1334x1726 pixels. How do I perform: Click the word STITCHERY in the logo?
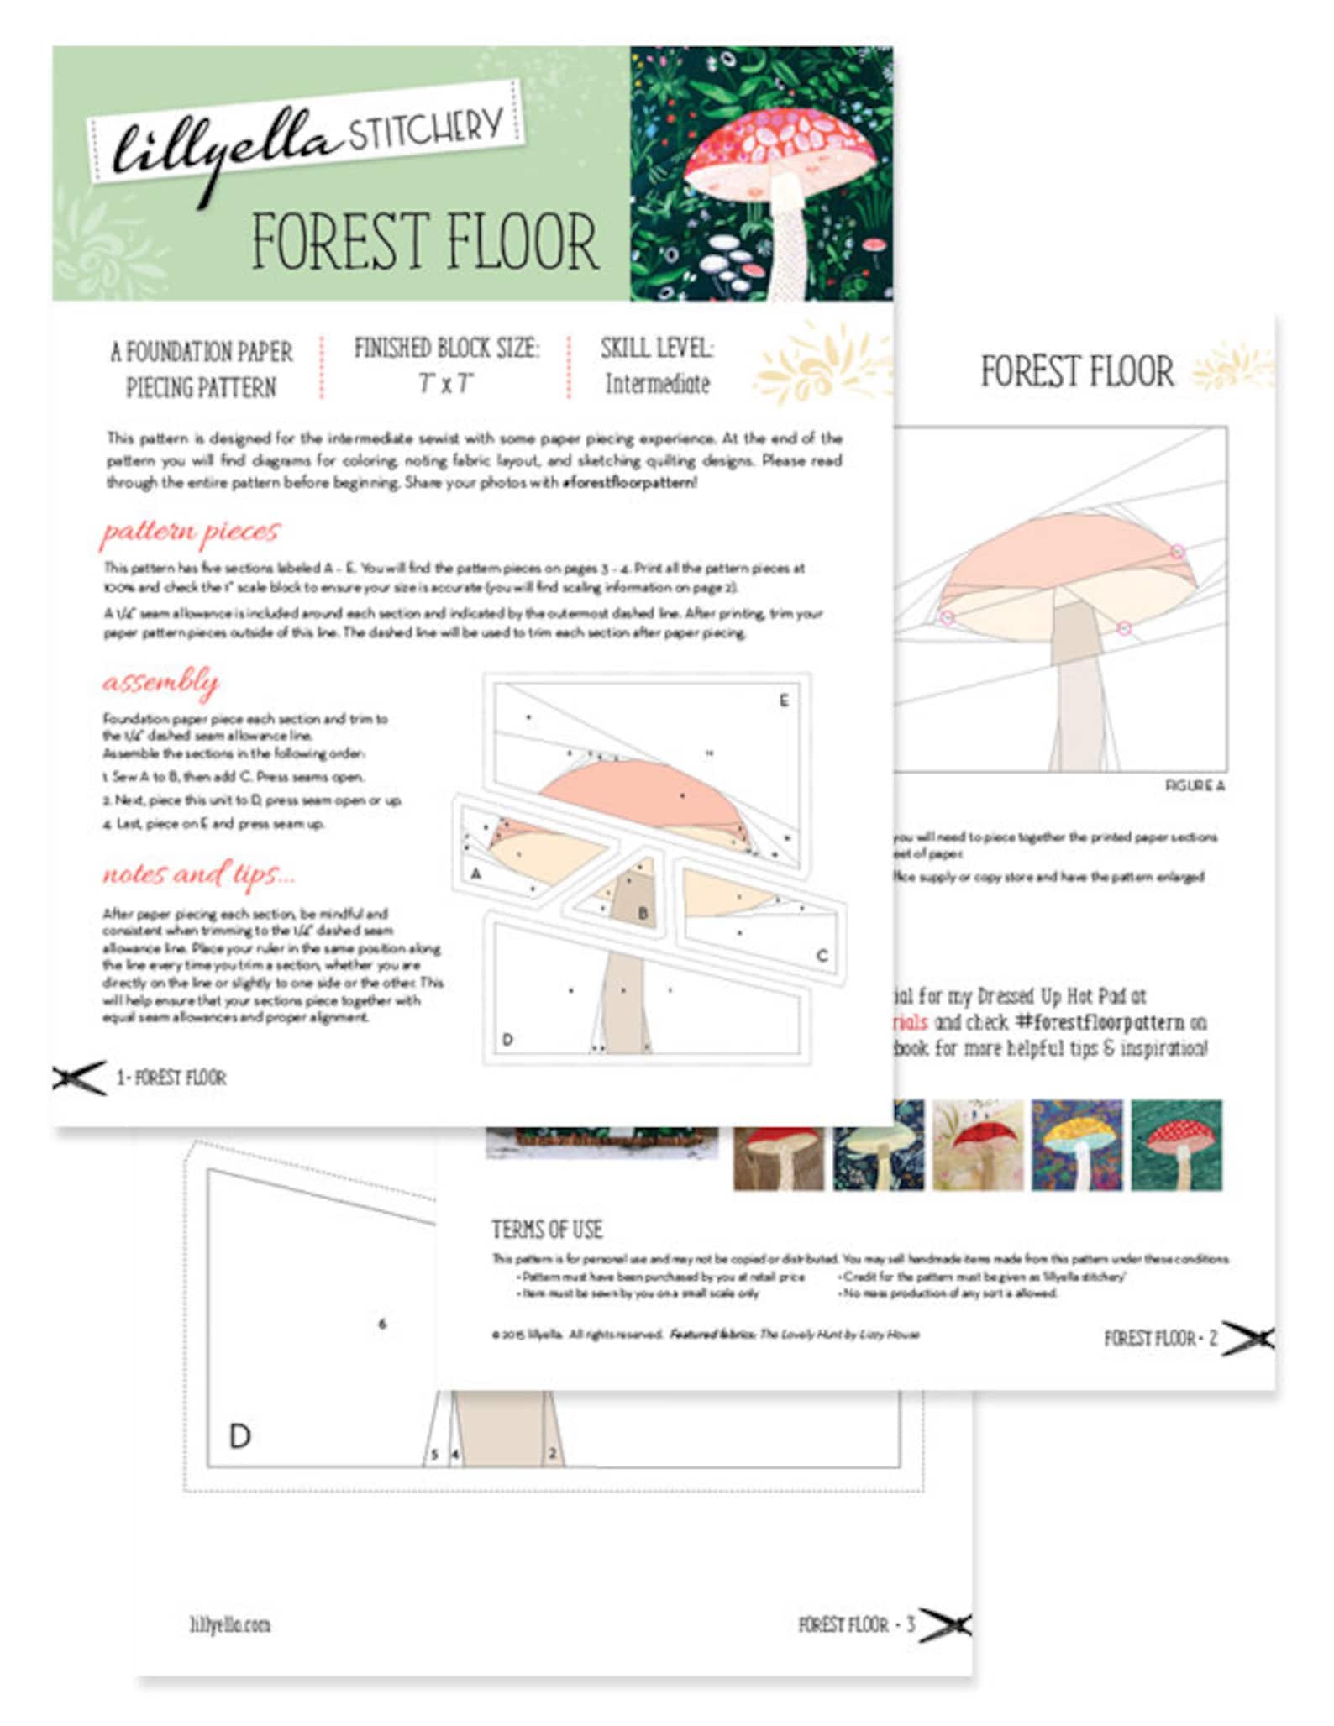426,129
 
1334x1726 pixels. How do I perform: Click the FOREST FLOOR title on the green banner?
425,242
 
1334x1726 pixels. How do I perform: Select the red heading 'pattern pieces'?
190,531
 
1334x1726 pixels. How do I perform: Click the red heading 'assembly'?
160,681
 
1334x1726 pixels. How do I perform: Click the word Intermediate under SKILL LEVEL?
657,384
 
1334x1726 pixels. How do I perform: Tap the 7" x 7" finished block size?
446,384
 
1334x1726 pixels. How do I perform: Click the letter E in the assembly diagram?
784,700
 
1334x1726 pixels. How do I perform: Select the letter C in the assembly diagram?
822,955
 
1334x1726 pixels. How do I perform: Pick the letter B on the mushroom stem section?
643,913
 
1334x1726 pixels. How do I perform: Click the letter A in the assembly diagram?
476,873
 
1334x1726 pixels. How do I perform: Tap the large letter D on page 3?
240,1436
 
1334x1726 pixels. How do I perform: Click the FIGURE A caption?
1195,785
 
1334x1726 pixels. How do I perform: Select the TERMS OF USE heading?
547,1230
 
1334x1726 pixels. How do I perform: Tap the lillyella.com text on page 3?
229,1625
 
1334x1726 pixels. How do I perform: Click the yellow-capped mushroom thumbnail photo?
1076,1145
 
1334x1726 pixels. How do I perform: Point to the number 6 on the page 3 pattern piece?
382,1325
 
